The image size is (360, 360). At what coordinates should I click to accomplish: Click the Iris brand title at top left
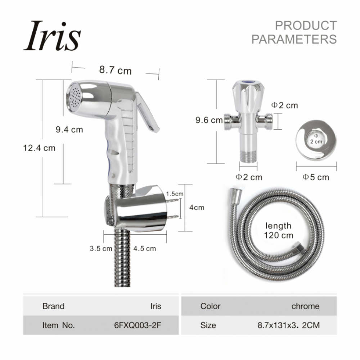pyautogui.click(x=52, y=36)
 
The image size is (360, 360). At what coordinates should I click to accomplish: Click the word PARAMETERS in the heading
pyautogui.click(x=294, y=39)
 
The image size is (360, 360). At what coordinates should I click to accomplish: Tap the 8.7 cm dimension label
pyautogui.click(x=115, y=70)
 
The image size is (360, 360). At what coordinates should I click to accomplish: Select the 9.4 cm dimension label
pyautogui.click(x=69, y=130)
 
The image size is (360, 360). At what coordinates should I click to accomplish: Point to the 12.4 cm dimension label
pyautogui.click(x=39, y=148)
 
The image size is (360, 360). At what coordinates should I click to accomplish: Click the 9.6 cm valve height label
pyautogui.click(x=209, y=120)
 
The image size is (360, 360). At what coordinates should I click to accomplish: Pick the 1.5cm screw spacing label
pyautogui.click(x=175, y=194)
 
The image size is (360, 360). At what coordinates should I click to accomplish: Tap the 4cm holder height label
pyautogui.click(x=197, y=208)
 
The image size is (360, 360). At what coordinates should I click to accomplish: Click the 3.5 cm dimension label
pyautogui.click(x=101, y=248)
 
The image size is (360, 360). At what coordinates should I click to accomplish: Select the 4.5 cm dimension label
pyautogui.click(x=144, y=248)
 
